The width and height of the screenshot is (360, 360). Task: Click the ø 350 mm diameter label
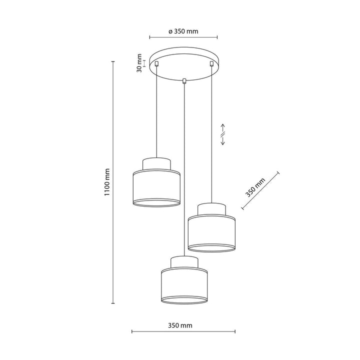(183, 31)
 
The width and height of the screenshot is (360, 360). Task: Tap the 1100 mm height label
(107, 182)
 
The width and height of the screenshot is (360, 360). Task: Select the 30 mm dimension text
(139, 63)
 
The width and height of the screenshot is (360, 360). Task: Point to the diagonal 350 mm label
(255, 187)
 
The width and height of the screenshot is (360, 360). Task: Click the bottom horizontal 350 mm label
(180, 325)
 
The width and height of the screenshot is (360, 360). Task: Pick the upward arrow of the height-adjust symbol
(223, 129)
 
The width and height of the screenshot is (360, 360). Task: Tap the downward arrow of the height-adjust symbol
(222, 140)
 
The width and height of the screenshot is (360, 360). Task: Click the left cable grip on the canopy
(156, 63)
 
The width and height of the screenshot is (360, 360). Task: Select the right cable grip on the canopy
(211, 63)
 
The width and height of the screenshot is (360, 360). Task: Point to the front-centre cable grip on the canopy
(183, 81)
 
